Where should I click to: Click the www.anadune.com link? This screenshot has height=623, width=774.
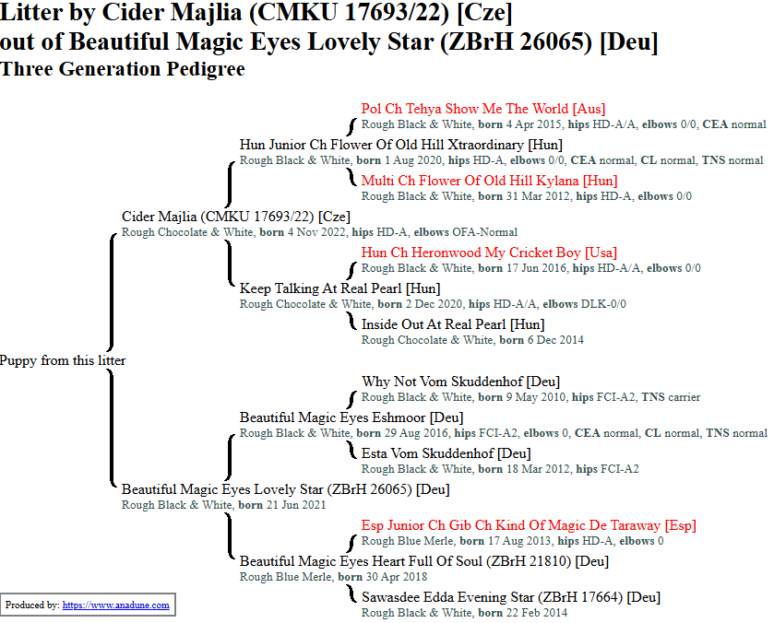116,605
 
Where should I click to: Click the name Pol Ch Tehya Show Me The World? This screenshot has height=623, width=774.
483,110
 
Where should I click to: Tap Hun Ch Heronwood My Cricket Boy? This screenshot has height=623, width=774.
489,253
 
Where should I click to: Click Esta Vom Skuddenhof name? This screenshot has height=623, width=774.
446,454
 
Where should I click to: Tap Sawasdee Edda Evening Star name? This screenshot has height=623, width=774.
510,598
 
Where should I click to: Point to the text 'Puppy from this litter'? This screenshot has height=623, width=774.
63,361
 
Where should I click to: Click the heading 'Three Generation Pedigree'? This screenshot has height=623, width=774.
123,69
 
